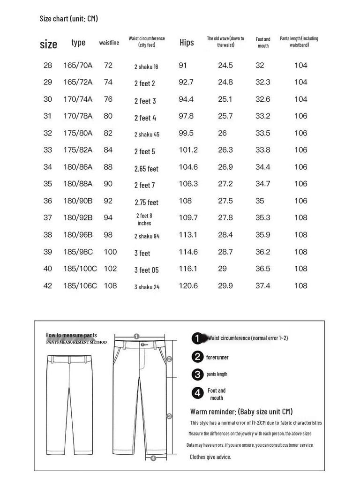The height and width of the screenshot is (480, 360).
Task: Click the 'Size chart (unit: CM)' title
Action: (x=68, y=19)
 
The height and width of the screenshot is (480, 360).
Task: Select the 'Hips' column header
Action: (x=187, y=43)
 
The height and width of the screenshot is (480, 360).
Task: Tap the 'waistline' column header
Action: (x=109, y=43)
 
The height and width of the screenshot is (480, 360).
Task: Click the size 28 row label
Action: (x=48, y=65)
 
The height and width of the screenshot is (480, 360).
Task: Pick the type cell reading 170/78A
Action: (x=78, y=116)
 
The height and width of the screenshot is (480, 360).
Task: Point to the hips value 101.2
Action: (x=188, y=150)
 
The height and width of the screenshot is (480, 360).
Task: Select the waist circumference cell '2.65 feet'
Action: (x=146, y=168)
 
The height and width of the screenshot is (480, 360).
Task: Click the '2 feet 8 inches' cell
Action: (x=144, y=219)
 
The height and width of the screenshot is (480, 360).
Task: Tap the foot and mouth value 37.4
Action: (x=262, y=285)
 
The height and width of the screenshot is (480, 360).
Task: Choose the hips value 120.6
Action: (x=188, y=285)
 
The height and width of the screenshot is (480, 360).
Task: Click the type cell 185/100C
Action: (x=80, y=269)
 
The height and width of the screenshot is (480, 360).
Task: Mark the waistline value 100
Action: (x=110, y=252)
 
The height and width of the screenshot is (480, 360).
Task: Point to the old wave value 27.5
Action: (x=225, y=201)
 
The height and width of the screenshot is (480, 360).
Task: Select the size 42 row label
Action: (x=48, y=285)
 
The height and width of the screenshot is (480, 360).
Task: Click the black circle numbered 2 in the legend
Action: (x=198, y=357)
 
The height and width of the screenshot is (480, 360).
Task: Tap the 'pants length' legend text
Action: (x=217, y=374)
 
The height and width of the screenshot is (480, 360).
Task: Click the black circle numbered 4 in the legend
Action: (x=198, y=393)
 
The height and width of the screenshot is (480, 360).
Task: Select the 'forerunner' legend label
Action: (x=217, y=357)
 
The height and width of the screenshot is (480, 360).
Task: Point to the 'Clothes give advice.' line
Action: (x=210, y=457)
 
